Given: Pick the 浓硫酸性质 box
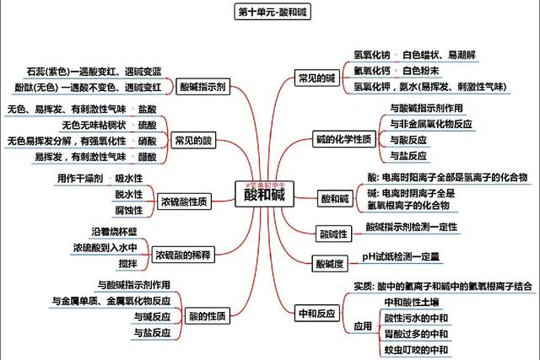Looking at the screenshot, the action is click(186, 200).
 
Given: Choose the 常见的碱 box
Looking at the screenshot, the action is click(316, 78).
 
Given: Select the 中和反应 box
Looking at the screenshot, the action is click(317, 314).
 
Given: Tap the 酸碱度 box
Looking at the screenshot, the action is click(330, 264).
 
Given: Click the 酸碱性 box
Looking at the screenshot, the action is click(310, 232).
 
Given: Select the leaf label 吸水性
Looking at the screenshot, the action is click(129, 178).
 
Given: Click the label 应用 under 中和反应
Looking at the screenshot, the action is click(363, 325).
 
